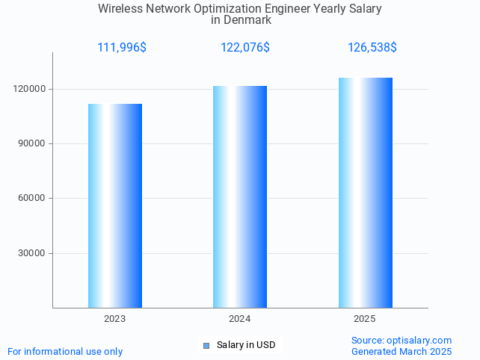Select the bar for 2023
[115, 205]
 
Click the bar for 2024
[240, 196]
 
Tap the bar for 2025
[365, 193]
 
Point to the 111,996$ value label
[122, 48]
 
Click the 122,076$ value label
[245, 48]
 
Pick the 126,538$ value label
[372, 48]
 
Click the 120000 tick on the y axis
[31, 89]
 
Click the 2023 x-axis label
[115, 319]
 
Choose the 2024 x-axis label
[240, 319]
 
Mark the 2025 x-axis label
[365, 319]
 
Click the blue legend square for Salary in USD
[206, 345]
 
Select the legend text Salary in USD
[246, 345]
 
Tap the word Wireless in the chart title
[119, 9]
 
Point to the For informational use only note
[65, 351]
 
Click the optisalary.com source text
[419, 340]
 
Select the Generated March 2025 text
[401, 351]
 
